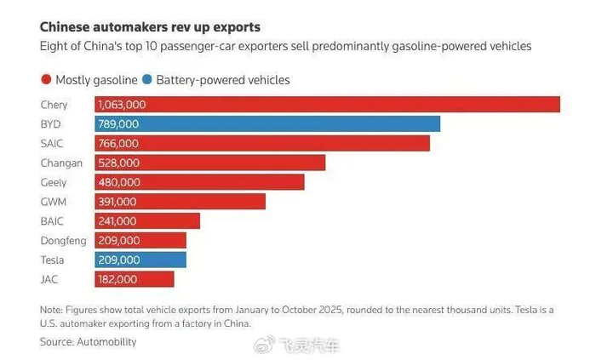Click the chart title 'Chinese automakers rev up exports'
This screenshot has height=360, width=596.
tap(150, 27)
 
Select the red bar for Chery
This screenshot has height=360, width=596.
tap(341, 105)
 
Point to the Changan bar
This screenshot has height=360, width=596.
tap(238, 163)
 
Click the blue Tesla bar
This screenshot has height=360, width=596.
tap(162, 260)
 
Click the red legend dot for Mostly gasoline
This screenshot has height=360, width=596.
tap(46, 80)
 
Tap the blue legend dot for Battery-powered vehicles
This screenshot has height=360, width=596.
tap(147, 80)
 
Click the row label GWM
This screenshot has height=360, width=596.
tap(53, 202)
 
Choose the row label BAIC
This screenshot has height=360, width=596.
tap(53, 221)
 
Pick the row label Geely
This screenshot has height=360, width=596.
tap(53, 182)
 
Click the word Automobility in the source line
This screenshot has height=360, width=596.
tap(106, 341)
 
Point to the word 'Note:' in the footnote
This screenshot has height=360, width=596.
tap(51, 310)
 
